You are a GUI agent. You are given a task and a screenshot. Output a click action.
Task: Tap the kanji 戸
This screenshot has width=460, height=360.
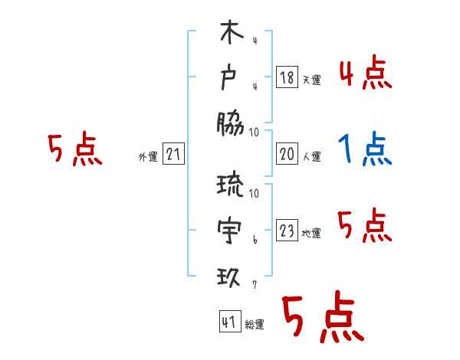[231, 78]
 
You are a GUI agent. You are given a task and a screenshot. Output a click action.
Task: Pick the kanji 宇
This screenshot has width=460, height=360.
[231, 229]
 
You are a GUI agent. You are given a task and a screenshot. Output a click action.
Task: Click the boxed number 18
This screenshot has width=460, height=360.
[287, 77]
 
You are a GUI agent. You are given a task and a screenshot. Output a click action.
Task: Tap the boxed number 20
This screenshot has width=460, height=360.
[287, 153]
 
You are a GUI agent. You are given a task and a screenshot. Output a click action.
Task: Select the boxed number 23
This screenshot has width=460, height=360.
[287, 231]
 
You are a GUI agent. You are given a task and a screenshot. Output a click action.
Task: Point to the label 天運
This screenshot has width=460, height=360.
[311, 80]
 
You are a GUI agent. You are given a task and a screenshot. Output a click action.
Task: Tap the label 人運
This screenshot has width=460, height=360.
[311, 156]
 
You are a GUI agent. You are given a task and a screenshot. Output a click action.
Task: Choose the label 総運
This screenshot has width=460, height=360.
[255, 325]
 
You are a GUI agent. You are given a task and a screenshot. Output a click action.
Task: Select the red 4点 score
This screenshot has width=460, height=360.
[365, 75]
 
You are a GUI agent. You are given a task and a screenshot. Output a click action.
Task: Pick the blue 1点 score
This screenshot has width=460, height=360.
[365, 150]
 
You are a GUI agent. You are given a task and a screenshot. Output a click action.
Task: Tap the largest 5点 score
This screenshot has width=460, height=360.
[322, 318]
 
